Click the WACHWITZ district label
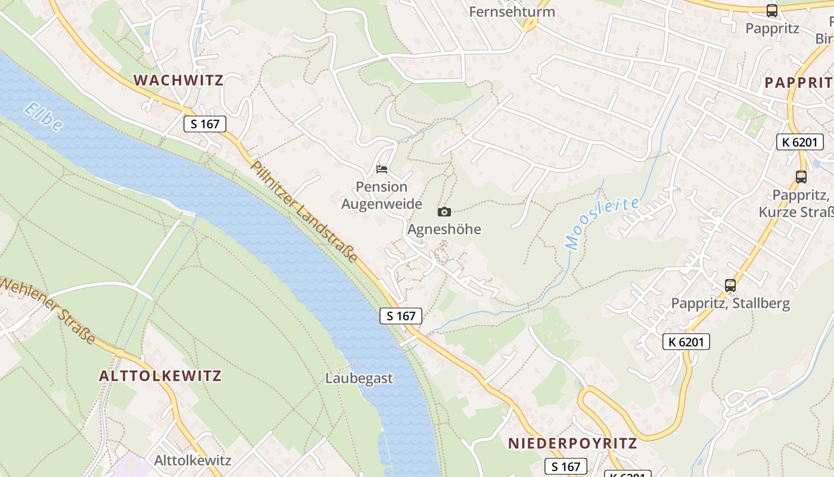178,80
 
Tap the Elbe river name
43,117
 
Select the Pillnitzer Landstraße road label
304,212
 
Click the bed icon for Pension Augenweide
382,169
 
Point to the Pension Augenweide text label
381,196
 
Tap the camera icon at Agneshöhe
444,212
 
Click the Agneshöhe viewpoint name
444,229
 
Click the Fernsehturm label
512,11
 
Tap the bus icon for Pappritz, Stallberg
730,286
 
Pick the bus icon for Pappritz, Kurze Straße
801,177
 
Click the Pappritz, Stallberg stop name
730,303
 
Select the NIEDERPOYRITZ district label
572,443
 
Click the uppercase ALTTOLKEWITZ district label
160,376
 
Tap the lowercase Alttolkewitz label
192,460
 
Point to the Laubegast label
359,378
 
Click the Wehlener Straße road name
48,311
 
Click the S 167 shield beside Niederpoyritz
566,466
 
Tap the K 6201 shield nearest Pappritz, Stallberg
686,342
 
